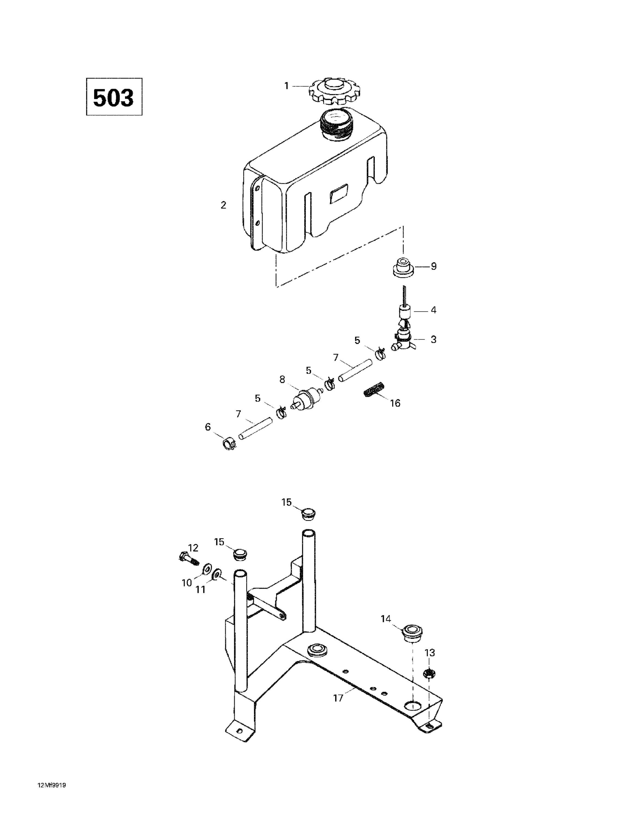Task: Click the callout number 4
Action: coord(433,310)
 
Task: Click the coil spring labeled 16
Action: coord(374,389)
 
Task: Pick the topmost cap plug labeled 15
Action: coord(309,513)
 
